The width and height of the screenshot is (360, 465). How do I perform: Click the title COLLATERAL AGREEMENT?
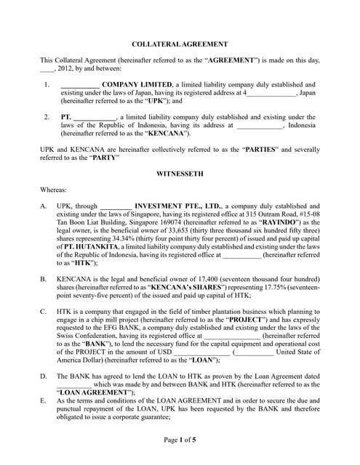[x=180, y=44]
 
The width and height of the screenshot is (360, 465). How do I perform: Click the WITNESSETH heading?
[x=180, y=174]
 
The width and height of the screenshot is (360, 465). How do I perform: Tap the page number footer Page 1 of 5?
[x=180, y=440]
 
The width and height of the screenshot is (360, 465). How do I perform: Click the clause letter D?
[x=44, y=376]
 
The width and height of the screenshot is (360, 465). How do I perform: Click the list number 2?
[x=46, y=116]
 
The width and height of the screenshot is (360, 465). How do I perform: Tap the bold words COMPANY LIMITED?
[x=136, y=85]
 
